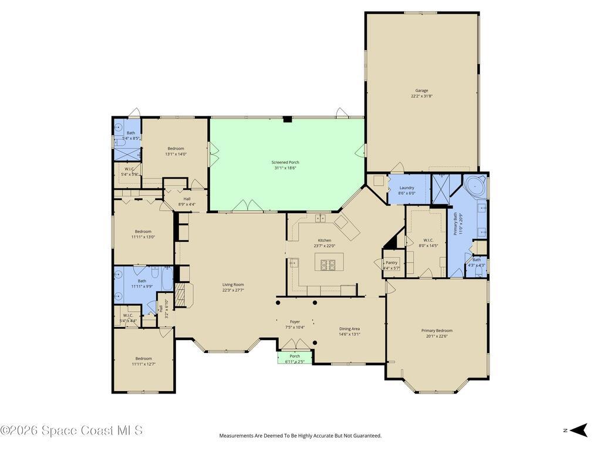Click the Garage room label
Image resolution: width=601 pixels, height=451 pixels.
421,90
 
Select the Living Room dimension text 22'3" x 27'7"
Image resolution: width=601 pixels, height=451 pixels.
233,290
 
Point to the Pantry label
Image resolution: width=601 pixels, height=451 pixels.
391,262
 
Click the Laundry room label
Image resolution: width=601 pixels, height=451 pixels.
407,188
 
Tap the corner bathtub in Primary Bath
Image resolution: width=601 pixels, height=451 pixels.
474,186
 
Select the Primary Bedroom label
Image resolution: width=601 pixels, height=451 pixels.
437,331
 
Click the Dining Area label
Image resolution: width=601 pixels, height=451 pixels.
349,329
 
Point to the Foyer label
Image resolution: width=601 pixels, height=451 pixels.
295,322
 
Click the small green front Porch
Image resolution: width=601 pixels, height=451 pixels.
295,358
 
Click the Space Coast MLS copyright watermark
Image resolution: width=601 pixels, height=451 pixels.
72,430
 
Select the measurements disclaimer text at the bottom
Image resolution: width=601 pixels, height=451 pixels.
300,436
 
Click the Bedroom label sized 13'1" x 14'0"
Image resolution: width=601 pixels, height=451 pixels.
175,149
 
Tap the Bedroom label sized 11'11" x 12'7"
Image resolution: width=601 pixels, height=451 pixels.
143,359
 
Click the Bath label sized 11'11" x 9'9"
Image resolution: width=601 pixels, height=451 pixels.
142,265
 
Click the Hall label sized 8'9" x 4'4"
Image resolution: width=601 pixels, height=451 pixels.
187,199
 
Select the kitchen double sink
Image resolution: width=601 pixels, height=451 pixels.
320,218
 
